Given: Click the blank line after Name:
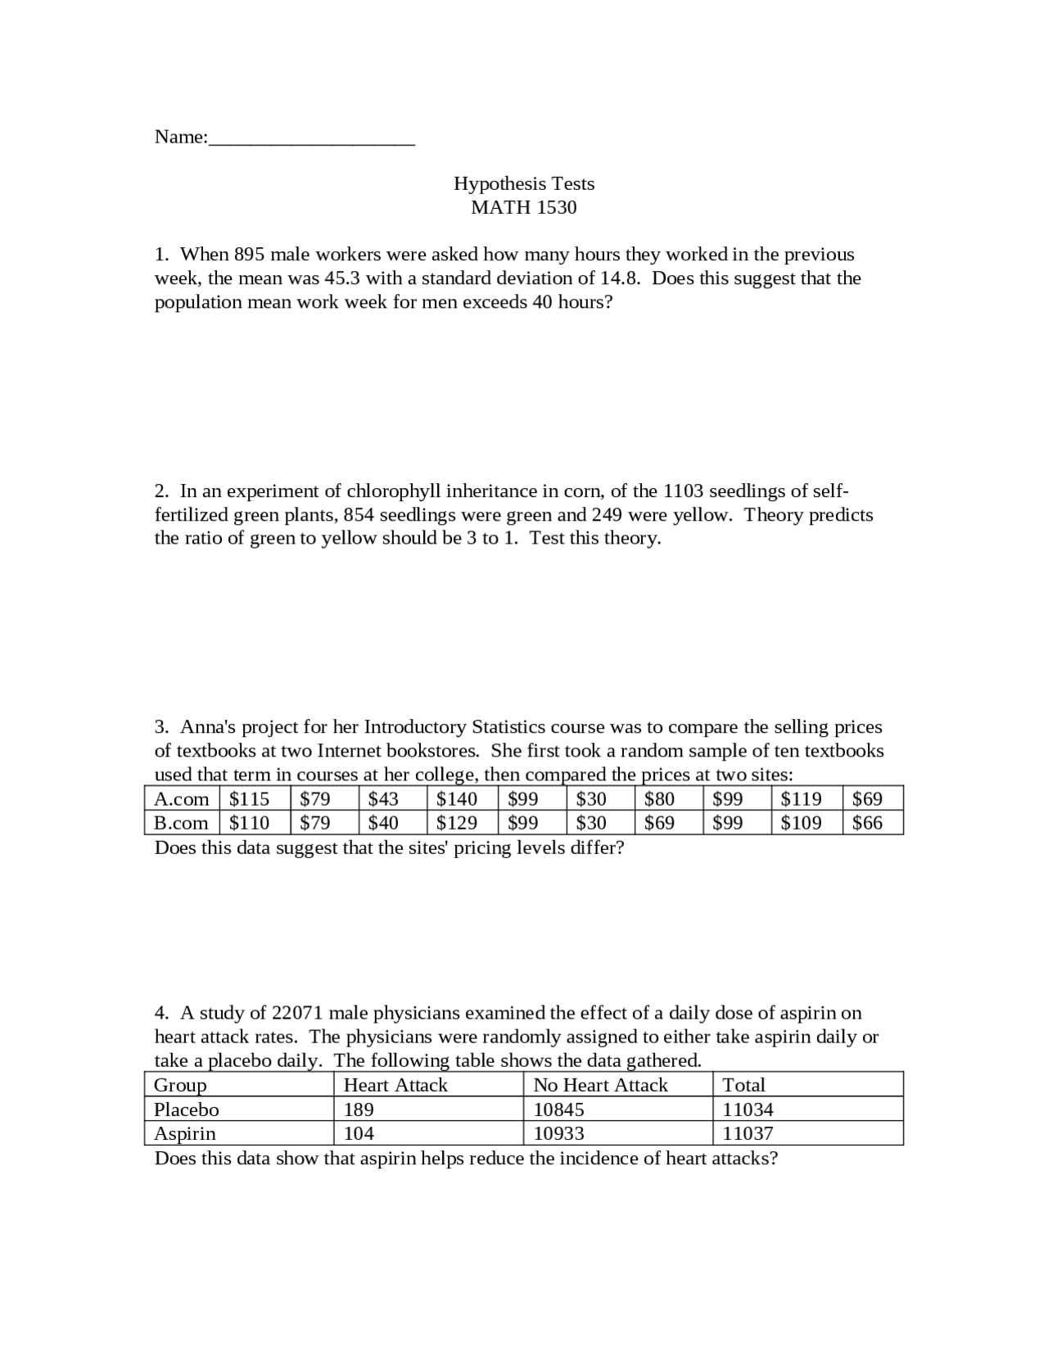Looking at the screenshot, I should pos(311,139).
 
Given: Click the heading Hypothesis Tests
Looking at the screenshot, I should pos(524,183).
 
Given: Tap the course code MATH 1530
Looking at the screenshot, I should pos(524,207).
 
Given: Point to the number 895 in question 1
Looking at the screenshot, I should pos(249,255).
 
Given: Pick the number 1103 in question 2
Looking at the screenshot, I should pos(683,491).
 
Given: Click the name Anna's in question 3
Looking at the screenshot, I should pos(208,727).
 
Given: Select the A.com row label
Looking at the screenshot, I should pos(182,799).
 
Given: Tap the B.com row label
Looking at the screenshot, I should pos(182,823).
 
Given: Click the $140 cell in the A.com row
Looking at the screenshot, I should pos(456,799).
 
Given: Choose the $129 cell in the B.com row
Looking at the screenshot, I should pos(456,823).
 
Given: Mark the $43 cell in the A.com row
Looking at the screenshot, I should pos(383,799).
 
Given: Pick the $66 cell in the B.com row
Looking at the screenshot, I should pos(867,823).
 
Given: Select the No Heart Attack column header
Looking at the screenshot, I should pos(600,1085).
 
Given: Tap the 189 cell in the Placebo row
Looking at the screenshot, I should pos(359,1110).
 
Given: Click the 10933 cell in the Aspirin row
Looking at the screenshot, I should pos(558,1133).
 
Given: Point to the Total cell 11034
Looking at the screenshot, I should pos(748,1110).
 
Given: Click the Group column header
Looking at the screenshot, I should pos(180,1085).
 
